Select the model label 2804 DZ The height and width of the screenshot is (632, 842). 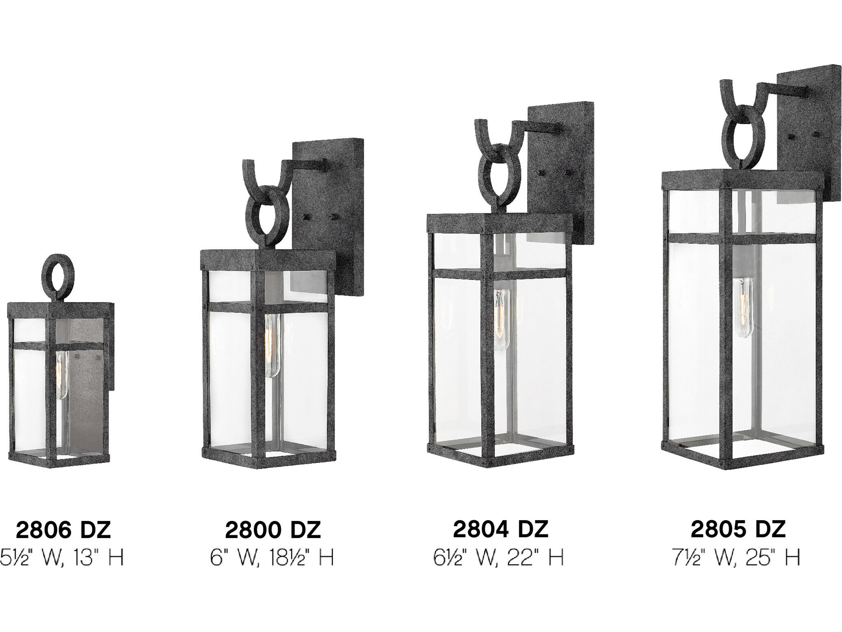coord(501,529)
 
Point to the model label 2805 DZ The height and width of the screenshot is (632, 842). coord(738,529)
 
